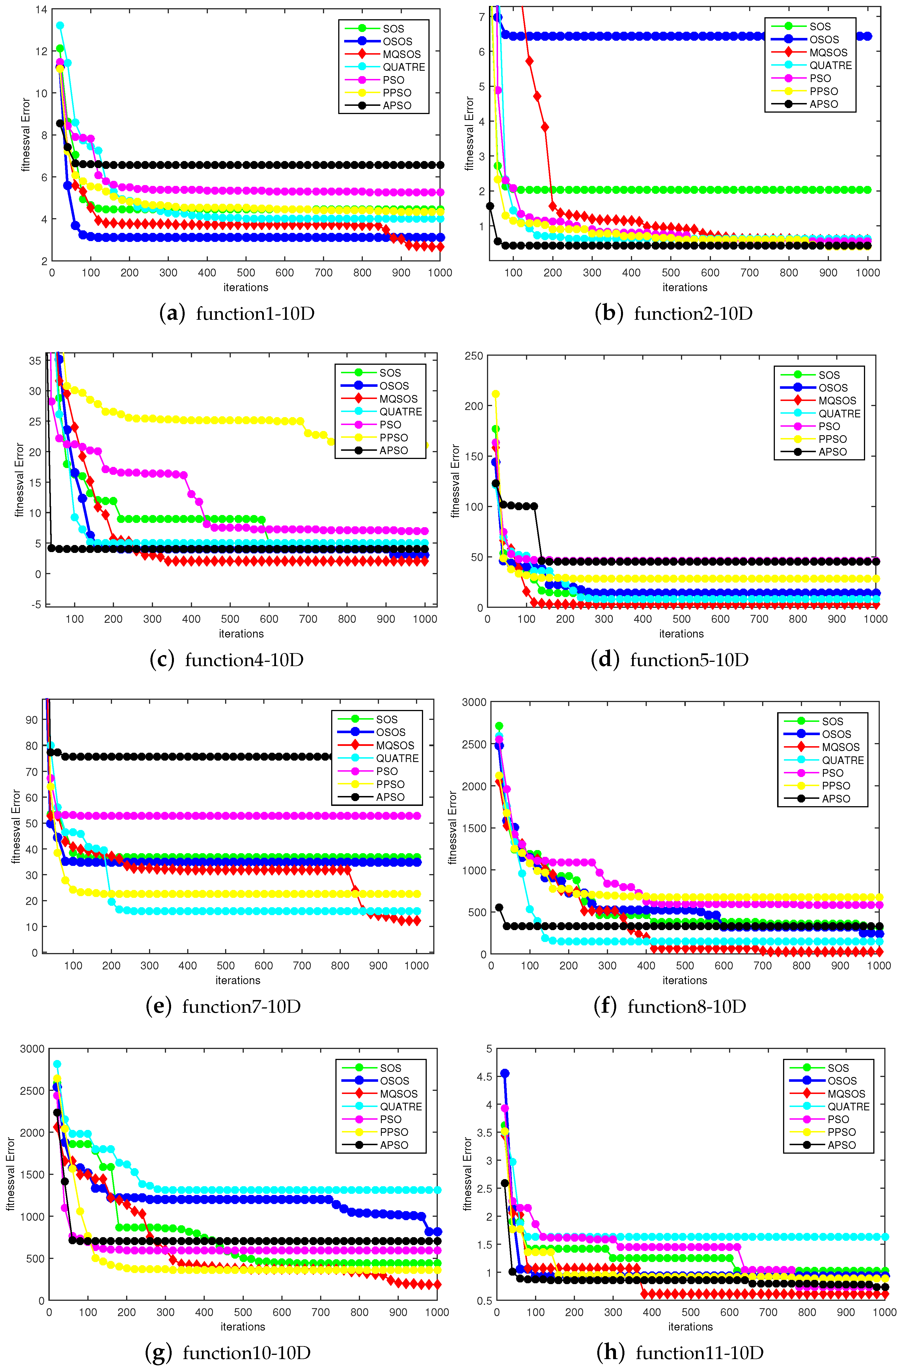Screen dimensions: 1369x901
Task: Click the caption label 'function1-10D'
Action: tap(255, 314)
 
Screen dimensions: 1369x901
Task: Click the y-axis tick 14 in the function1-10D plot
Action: tap(41, 10)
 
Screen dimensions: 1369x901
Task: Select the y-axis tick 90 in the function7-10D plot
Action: tap(32, 720)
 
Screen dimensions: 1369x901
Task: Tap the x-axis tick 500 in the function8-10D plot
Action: tap(685, 966)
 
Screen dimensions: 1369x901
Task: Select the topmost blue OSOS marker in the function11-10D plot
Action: tap(505, 1073)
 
